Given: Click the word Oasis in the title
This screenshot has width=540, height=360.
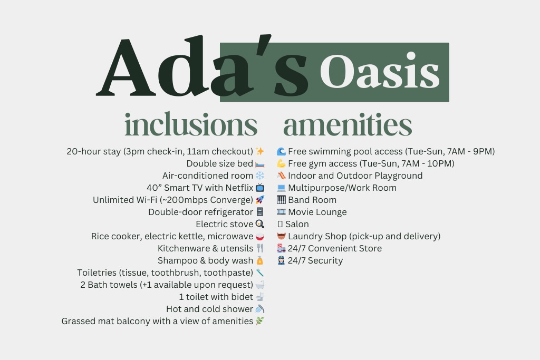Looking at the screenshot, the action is (x=380, y=71).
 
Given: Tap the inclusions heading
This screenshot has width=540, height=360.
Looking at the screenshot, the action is (x=191, y=124).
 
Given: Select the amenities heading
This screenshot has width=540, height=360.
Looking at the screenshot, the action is (x=348, y=124).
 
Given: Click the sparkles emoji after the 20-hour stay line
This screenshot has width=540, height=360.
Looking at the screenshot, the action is (x=260, y=151).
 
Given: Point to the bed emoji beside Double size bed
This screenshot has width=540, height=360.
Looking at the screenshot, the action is (x=260, y=164).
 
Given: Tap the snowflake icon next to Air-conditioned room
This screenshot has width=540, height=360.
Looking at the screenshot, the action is (x=260, y=176).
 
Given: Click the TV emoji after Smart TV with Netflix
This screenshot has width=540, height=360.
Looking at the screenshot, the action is (x=260, y=188).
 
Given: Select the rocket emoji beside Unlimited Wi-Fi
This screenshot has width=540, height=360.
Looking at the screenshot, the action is (x=260, y=200).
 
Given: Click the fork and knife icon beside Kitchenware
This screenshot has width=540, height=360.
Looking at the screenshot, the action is (x=260, y=248).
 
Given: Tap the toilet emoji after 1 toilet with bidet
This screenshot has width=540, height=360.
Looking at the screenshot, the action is (x=260, y=297).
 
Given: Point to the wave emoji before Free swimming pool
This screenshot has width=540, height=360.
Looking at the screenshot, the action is (x=282, y=151).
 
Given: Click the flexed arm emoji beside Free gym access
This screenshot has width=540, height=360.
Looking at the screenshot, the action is (x=282, y=163).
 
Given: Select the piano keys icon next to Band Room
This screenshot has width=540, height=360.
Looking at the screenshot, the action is (x=282, y=200).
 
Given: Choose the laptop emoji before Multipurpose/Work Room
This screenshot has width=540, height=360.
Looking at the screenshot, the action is (x=282, y=188).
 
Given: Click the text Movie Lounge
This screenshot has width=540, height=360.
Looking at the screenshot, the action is (x=317, y=212).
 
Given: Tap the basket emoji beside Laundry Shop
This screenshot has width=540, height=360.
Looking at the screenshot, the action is (x=282, y=236).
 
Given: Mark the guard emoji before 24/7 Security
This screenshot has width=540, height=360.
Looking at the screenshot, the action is (x=282, y=260).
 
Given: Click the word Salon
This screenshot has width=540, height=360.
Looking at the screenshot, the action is (x=297, y=224).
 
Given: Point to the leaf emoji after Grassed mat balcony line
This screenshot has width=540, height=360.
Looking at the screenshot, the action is (x=260, y=321).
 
